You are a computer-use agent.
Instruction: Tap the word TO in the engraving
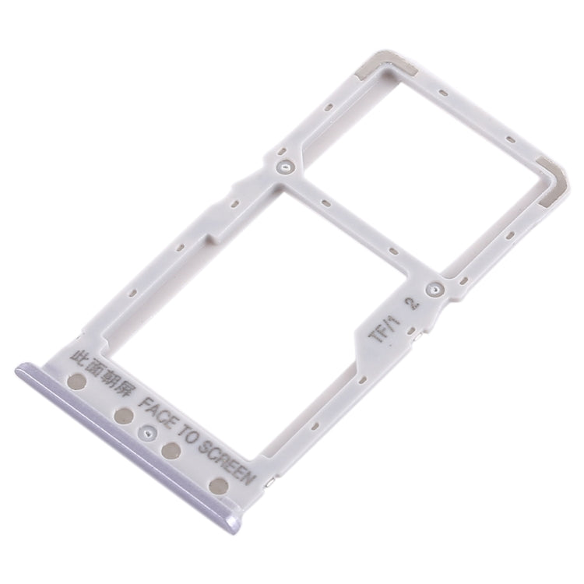(190, 431)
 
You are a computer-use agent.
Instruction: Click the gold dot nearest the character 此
(79, 382)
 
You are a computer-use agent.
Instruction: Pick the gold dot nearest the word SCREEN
(219, 487)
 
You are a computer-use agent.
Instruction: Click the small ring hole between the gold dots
(145, 431)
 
